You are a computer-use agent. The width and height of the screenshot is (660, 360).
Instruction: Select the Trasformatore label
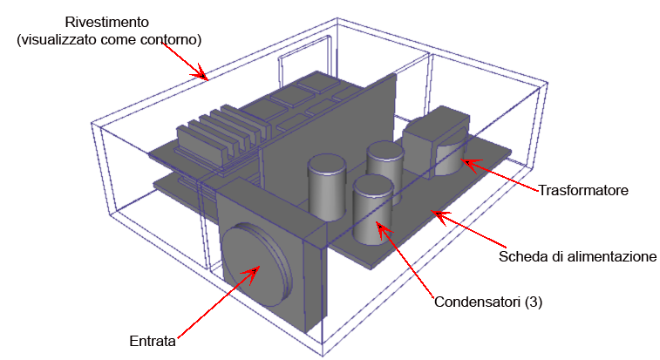point(582,189)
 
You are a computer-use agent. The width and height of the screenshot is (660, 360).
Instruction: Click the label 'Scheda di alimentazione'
point(576,257)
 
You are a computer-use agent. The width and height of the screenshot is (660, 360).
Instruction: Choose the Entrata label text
point(153,341)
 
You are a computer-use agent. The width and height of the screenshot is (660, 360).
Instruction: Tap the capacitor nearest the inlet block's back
point(328,187)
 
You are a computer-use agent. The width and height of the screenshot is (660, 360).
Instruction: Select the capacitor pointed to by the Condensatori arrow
point(372,209)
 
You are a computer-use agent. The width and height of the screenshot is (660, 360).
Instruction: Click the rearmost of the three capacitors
point(384,165)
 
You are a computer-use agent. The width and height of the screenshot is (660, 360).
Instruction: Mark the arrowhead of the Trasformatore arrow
point(465,161)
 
